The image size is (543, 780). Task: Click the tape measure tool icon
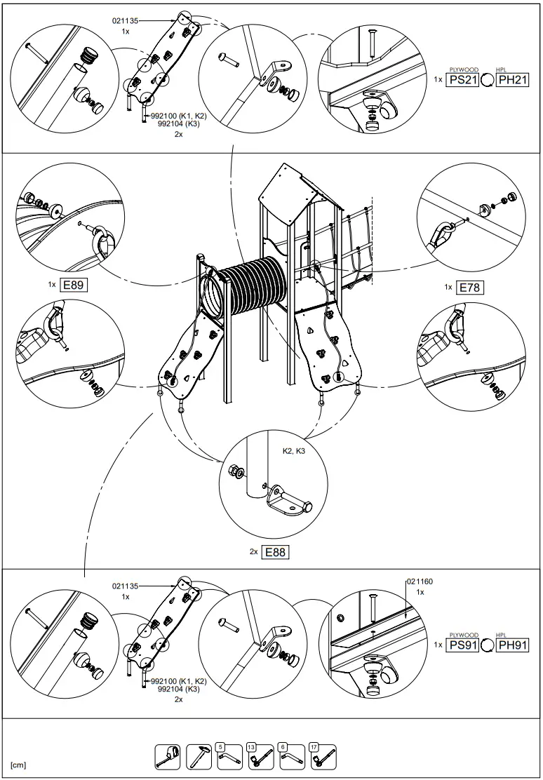(167, 756)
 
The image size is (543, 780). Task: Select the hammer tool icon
(199, 756)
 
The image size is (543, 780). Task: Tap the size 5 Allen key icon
(229, 756)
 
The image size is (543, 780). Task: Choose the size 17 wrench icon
(323, 756)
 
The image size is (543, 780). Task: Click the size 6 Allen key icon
(291, 756)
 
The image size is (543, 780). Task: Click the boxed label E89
(74, 285)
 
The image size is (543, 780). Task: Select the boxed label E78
(470, 287)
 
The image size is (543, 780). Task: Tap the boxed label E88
(275, 552)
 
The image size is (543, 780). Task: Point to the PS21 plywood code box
(463, 80)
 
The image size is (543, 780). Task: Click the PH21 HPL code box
(512, 80)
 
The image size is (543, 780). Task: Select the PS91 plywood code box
(463, 645)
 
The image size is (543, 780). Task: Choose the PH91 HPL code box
(512, 645)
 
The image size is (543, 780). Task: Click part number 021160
(420, 581)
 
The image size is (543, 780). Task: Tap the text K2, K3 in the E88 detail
(293, 451)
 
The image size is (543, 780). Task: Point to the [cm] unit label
(18, 765)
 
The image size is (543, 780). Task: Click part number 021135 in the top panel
(126, 21)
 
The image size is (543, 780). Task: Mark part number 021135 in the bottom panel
(126, 586)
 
